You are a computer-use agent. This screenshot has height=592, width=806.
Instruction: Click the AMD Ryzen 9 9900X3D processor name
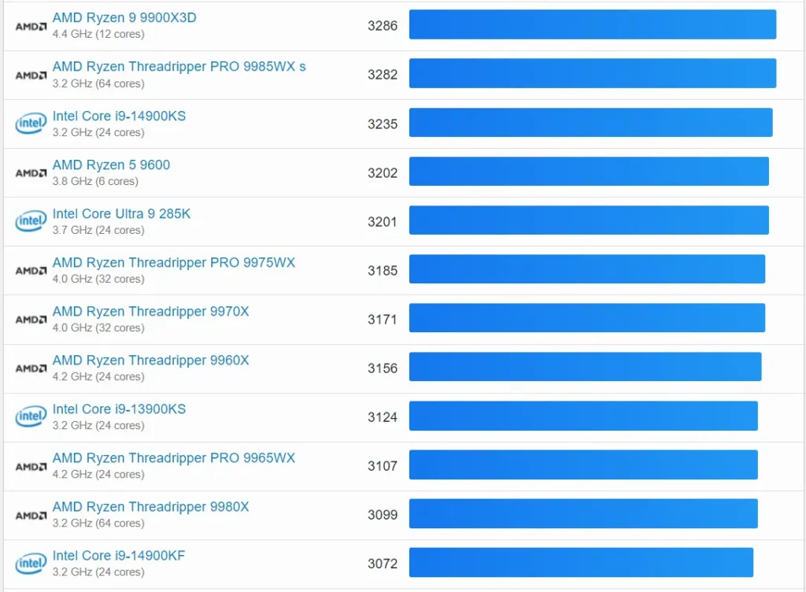124,17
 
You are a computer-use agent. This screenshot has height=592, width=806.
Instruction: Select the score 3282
383,75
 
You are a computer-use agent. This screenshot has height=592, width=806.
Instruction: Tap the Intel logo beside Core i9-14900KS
31,124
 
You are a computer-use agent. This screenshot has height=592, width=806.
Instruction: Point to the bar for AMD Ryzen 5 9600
589,172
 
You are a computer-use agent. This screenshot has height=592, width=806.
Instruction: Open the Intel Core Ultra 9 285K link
121,213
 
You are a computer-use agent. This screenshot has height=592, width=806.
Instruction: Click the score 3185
383,270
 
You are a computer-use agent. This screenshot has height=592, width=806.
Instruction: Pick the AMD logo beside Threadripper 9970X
31,320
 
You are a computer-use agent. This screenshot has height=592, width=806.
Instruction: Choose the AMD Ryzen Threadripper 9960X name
150,360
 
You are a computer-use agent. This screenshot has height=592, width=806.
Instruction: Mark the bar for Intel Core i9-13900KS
583,416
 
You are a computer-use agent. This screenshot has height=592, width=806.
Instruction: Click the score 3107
383,465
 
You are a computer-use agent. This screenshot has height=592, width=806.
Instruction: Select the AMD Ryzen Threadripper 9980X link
150,506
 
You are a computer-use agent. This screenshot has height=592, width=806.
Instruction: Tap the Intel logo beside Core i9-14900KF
31,564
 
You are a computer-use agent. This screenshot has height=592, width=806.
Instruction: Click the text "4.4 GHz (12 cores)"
98,35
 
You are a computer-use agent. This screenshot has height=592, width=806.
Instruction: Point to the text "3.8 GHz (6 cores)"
94,181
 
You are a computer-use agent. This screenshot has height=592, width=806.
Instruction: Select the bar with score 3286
593,24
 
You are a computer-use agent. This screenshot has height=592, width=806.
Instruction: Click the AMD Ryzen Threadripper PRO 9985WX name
179,66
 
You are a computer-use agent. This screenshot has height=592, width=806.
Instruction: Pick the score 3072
383,564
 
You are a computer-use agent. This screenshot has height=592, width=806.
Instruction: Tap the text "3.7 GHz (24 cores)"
98,230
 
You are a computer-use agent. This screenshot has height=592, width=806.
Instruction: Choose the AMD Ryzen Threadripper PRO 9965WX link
173,457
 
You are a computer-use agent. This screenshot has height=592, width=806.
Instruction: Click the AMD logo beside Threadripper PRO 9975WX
31,271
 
